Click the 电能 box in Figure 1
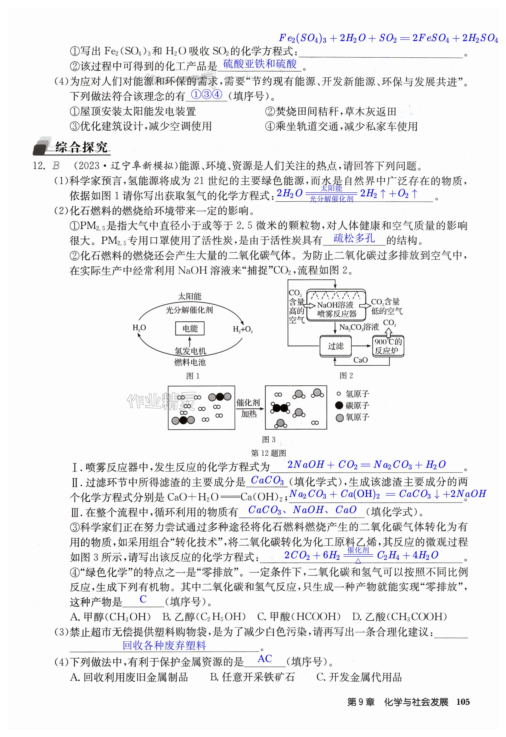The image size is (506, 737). pyautogui.click(x=190, y=328)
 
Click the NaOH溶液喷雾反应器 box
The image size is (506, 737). pyautogui.click(x=336, y=309)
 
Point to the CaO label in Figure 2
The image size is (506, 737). pyautogui.click(x=360, y=360)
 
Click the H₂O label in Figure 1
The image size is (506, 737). pyautogui.click(x=139, y=328)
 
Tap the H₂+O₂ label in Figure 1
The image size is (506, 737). pyautogui.click(x=243, y=330)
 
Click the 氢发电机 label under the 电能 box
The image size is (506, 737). pyautogui.click(x=190, y=351)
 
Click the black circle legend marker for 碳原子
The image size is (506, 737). pyautogui.click(x=339, y=405)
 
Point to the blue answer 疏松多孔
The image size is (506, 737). pyautogui.click(x=354, y=238)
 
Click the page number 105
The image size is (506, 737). pyautogui.click(x=463, y=701)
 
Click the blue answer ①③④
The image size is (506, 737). pyautogui.click(x=206, y=94)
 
